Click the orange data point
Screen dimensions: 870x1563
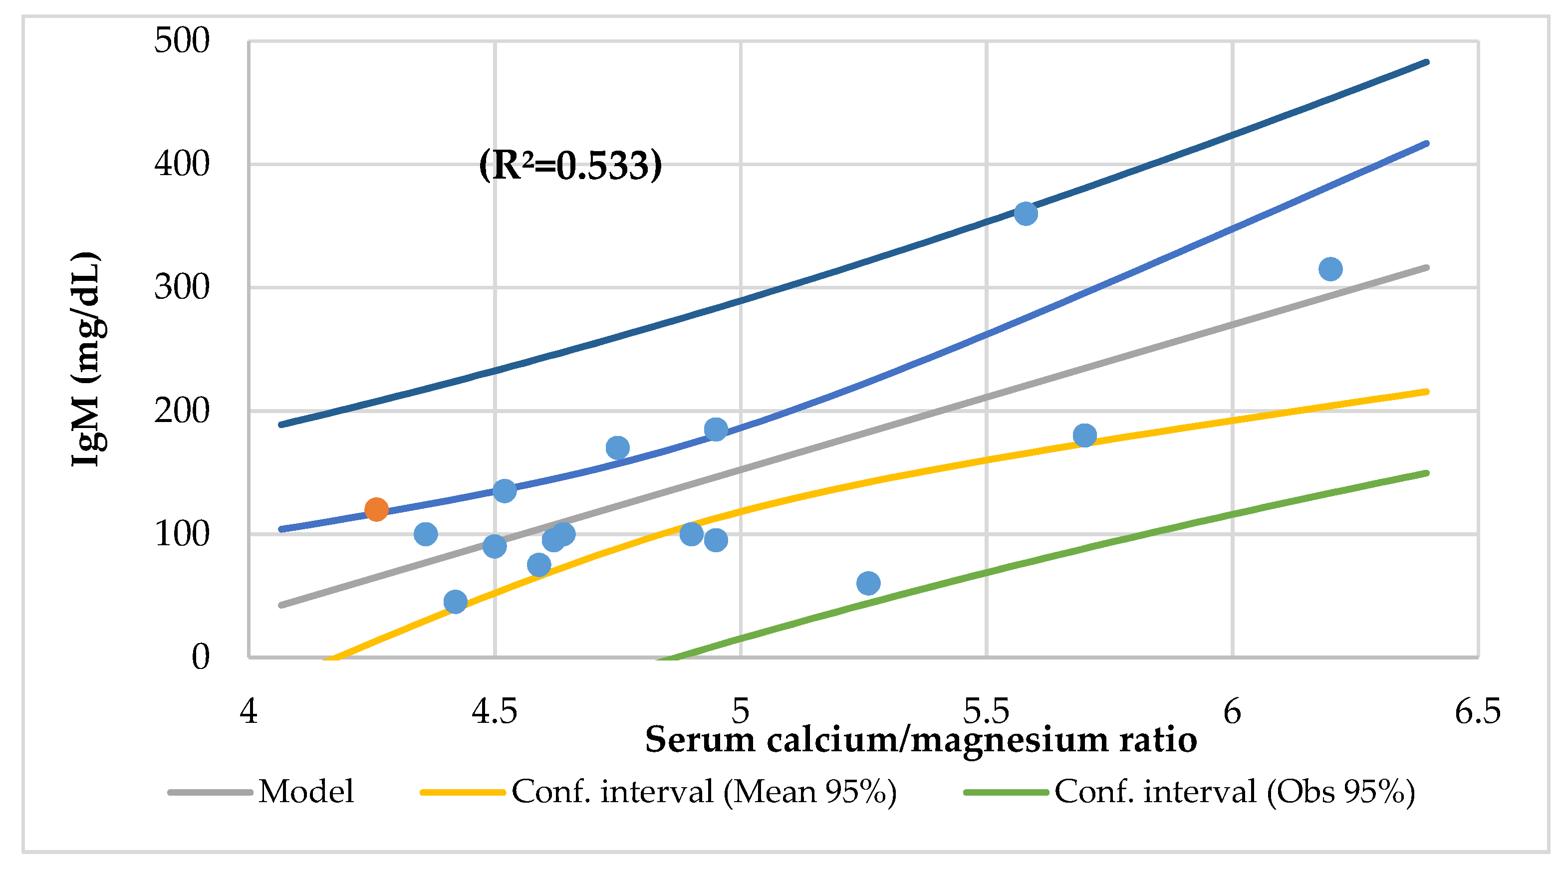376,509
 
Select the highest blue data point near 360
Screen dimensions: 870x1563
1026,214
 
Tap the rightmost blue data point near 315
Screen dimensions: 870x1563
1330,269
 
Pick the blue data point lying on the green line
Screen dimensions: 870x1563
868,583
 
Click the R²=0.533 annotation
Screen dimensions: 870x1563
570,165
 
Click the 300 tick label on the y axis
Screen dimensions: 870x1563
182,287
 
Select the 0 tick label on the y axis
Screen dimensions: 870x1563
200,656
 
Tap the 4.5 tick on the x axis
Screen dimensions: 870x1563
495,711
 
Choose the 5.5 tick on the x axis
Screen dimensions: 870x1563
986,711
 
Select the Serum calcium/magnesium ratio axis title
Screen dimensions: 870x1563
920,740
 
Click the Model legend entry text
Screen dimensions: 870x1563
306,792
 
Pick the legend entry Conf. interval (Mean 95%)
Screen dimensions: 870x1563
704,792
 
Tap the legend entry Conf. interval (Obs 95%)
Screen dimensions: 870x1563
1234,792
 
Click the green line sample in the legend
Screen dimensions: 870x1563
1006,792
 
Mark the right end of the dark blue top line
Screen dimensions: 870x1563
1426,62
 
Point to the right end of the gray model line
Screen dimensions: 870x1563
1426,267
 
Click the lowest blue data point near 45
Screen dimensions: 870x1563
455,602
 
